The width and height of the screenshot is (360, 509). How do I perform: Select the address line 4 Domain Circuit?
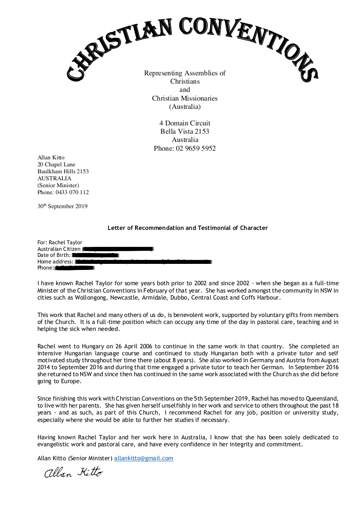[x=185, y=123]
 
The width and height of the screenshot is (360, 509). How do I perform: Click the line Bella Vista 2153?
[x=185, y=131]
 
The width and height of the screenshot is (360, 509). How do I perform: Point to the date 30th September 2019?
[x=62, y=206]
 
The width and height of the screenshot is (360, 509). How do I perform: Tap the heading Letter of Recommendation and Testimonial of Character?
[x=187, y=228]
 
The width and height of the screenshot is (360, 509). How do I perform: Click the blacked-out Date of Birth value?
[x=95, y=255]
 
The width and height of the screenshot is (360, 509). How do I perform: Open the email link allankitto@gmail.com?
[x=144, y=458]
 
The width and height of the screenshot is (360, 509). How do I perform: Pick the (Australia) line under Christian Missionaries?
[x=185, y=107]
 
